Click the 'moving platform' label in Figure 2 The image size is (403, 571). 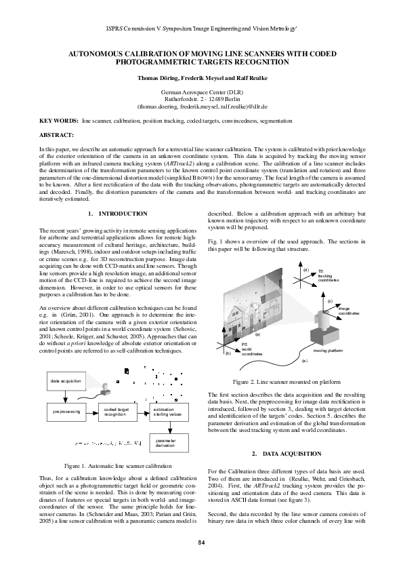tap(328, 351)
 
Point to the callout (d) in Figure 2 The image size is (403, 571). tap(305, 270)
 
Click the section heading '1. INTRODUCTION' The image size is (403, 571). tap(119, 214)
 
